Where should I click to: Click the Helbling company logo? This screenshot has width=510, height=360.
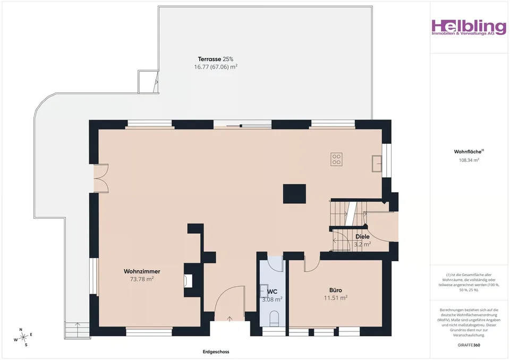(x=469, y=27)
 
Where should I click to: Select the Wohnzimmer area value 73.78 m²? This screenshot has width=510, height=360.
(x=142, y=279)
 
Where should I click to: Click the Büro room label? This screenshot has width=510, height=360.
(x=336, y=290)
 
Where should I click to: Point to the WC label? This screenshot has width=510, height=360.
(x=272, y=292)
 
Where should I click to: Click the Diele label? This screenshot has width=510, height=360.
(x=362, y=237)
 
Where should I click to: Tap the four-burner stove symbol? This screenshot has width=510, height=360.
(x=336, y=159)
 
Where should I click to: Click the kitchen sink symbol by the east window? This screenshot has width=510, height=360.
(x=377, y=163)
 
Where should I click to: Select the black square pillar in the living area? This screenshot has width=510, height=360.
(x=294, y=194)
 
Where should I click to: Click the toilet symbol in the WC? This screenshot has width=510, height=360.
(x=275, y=319)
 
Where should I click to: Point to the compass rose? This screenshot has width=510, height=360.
(x=23, y=338)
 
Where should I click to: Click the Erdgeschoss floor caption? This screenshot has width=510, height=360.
(x=216, y=352)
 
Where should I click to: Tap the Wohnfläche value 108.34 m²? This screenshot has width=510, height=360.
(x=469, y=160)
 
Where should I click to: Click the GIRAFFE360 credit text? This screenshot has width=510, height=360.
(x=469, y=345)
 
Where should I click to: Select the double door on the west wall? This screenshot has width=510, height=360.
(x=101, y=178)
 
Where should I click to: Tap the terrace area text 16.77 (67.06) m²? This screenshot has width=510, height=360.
(x=216, y=67)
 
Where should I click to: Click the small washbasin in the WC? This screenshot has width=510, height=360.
(x=263, y=291)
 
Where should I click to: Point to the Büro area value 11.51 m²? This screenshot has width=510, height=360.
(x=336, y=298)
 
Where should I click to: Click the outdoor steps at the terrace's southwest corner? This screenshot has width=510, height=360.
(x=77, y=330)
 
